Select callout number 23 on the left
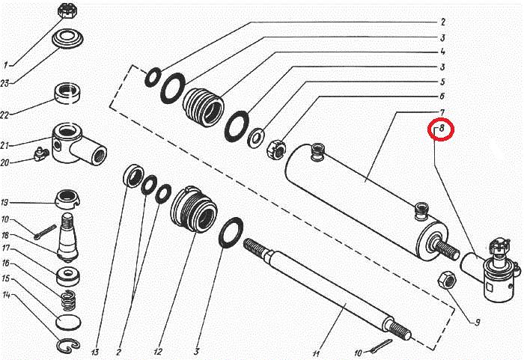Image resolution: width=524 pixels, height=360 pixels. coord(4,83)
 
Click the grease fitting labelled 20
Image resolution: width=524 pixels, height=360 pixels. coord(42,154)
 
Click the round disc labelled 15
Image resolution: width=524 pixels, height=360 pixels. coord(68,322)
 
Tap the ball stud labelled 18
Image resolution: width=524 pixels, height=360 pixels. coord(68,237)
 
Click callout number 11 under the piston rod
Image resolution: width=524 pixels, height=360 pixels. coord(316,353)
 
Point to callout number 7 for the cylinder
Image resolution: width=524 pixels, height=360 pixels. coord(442,113)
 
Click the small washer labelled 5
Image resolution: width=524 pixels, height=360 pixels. coord(256,138)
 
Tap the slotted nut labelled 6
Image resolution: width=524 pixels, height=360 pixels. coord(275,149)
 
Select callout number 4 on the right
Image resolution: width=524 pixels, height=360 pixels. coord(442,52)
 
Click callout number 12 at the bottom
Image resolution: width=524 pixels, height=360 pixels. coord(158,352)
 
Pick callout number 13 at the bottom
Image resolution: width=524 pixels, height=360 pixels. coord(95,352)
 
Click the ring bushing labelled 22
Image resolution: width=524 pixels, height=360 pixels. coord(67,94)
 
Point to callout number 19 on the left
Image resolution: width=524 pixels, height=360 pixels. coord(4,203)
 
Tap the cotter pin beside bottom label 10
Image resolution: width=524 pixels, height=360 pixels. coord(381,346)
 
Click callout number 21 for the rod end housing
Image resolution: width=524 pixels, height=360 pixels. coord(4,146)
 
